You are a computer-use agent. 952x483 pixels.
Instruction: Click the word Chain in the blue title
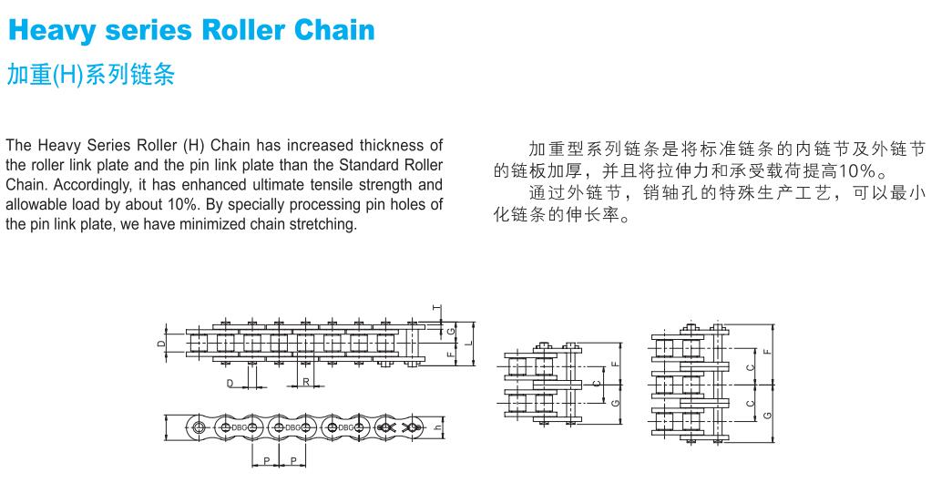pos(334,29)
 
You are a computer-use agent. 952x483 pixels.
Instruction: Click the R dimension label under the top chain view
pos(306,382)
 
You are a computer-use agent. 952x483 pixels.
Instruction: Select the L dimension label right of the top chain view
pos(466,344)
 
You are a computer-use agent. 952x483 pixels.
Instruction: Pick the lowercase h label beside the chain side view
pos(438,427)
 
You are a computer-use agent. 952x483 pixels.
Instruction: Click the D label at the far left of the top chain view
pos(160,344)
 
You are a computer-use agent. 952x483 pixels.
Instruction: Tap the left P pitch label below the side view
pos(266,461)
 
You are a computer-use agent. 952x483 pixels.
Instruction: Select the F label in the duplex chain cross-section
pos(615,364)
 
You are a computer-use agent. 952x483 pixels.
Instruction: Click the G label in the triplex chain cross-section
pos(767,415)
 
